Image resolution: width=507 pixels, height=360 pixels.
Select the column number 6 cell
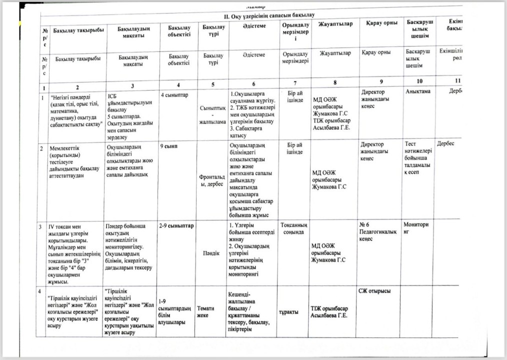click(254, 83)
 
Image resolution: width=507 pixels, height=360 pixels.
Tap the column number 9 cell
click(381, 81)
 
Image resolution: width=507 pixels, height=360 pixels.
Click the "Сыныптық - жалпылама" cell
click(213, 114)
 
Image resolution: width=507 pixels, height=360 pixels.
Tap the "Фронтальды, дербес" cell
click(212, 180)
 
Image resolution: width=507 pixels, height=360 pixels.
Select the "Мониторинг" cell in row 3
click(416, 228)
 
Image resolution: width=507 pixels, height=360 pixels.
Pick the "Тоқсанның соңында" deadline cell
click(296, 228)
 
